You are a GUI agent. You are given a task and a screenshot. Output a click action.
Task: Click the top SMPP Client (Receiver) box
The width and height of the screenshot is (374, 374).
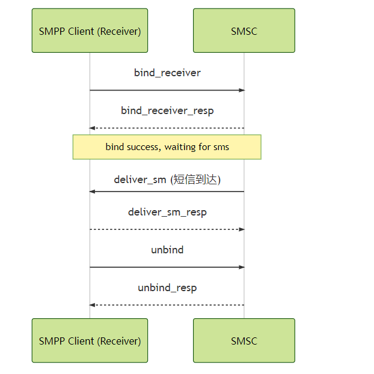[90, 31]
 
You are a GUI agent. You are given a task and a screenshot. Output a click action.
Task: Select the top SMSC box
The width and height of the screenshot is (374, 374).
[244, 31]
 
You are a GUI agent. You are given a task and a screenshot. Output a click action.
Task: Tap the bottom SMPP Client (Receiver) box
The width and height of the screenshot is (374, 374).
[90, 340]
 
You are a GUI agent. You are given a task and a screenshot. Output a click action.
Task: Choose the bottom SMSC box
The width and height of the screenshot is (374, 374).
[244, 340]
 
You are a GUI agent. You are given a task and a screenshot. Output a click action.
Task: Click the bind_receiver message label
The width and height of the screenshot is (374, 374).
[167, 73]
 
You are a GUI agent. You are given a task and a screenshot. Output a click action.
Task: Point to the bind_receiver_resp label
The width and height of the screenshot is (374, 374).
[167, 110]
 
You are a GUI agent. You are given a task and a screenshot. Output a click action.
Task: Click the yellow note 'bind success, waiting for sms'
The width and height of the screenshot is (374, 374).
[167, 146]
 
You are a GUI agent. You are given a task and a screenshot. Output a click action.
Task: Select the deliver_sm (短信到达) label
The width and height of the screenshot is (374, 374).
[167, 179]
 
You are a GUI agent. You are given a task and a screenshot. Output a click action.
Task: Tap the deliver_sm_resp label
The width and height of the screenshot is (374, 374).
[167, 212]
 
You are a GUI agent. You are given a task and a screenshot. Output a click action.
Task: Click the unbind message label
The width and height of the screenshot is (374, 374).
[167, 250]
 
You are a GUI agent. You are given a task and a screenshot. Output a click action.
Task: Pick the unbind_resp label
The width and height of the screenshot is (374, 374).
[167, 288]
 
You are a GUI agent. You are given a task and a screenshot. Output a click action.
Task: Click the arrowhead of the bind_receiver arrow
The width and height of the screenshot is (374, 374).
[242, 90]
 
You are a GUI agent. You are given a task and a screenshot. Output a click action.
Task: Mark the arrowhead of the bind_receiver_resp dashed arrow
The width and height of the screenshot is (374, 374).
[93, 128]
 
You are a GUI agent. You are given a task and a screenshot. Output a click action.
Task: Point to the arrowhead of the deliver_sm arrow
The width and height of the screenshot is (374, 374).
[93, 192]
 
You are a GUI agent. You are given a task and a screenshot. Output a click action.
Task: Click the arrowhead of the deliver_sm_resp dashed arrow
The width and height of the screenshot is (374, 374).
[242, 229]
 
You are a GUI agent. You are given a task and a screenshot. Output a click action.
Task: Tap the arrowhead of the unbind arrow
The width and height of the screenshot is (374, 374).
[242, 267]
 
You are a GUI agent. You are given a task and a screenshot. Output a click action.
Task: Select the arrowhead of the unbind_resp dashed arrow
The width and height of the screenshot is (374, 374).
[93, 305]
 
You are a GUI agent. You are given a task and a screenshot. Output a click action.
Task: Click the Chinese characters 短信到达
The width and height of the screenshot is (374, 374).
[195, 179]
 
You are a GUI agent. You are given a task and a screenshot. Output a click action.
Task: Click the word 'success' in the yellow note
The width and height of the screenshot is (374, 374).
[143, 146]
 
